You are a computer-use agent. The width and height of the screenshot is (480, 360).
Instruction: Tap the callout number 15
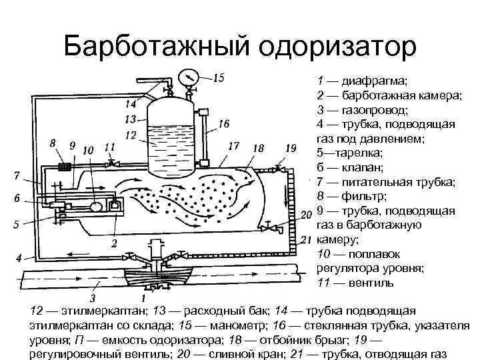pyautogui.click(x=219, y=77)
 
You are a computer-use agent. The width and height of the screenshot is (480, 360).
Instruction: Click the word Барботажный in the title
pyautogui.click(x=157, y=46)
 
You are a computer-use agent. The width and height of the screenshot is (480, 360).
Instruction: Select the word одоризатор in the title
pyautogui.click(x=337, y=46)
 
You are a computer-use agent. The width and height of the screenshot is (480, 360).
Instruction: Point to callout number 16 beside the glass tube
pyautogui.click(x=223, y=123)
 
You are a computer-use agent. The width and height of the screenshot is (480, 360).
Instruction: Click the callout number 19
pyautogui.click(x=290, y=147)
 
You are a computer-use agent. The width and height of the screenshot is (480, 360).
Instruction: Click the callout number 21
pyautogui.click(x=307, y=239)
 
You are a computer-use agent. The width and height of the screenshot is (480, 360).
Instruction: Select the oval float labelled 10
pyautogui.click(x=96, y=207)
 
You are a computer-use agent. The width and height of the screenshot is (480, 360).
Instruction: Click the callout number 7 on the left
pyautogui.click(x=16, y=176)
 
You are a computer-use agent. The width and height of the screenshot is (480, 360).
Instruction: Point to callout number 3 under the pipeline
pyautogui.click(x=93, y=297)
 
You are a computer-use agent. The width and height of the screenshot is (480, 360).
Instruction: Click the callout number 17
pyautogui.click(x=233, y=145)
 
